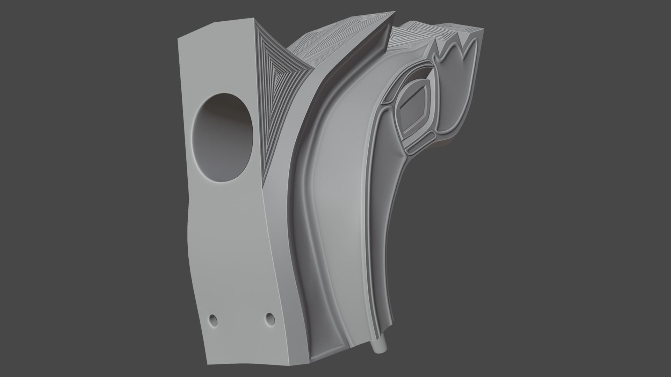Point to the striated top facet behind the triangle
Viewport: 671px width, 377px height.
pyautogui.click(x=315, y=45)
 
